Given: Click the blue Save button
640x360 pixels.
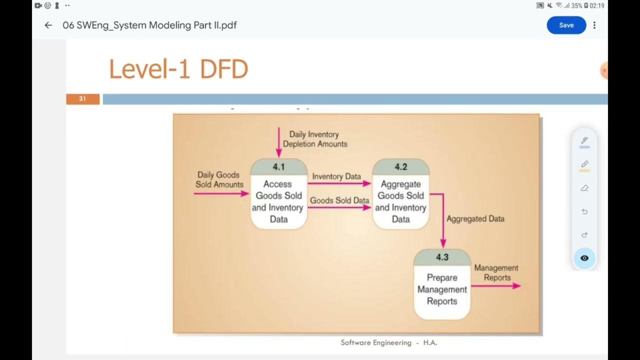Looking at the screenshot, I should (x=566, y=25).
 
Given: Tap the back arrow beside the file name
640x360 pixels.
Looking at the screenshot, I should (x=48, y=25).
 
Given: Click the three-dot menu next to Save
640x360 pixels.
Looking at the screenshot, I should (x=594, y=25).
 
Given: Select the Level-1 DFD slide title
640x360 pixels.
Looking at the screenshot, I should (x=178, y=69).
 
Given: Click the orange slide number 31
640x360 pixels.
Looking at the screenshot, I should (x=82, y=99).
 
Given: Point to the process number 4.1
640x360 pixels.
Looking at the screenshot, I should (x=278, y=167).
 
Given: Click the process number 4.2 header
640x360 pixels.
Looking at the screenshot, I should (x=400, y=167).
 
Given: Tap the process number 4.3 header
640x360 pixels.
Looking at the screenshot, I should (x=442, y=257).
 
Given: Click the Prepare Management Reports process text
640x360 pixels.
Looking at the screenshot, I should (x=442, y=289).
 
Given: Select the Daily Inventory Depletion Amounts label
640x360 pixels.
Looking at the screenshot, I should (x=314, y=139).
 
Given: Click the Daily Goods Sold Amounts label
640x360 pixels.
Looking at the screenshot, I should (x=219, y=179).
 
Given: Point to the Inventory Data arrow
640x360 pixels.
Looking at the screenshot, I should (x=339, y=183).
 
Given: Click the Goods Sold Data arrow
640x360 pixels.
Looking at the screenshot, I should (x=339, y=207).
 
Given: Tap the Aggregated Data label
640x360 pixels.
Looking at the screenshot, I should (x=475, y=219).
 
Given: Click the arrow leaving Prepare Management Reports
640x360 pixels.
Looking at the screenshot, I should (x=495, y=286).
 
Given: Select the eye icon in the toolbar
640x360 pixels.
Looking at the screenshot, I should (x=584, y=258).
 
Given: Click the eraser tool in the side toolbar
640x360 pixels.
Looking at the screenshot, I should (x=584, y=188).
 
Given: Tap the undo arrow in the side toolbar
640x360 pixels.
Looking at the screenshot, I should (x=584, y=211).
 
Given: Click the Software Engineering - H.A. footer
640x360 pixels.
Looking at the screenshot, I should (x=389, y=343).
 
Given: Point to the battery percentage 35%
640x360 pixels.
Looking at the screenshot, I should (x=576, y=6).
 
